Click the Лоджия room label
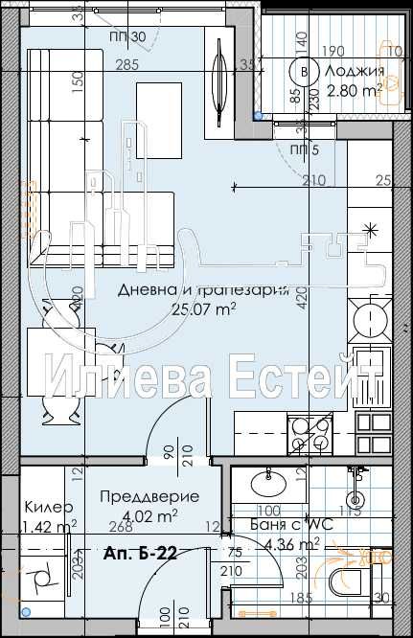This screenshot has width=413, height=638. point(355,72)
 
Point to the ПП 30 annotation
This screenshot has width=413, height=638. point(128,36)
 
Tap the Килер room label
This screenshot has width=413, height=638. point(43,508)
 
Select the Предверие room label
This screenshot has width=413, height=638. point(149,496)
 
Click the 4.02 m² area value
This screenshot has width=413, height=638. point(153,515)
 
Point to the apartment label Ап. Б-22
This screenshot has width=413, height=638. point(139,553)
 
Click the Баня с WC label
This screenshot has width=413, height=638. point(283,525)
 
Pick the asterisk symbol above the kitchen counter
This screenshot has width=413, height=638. point(371,228)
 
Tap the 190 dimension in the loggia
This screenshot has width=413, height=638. point(333,51)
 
